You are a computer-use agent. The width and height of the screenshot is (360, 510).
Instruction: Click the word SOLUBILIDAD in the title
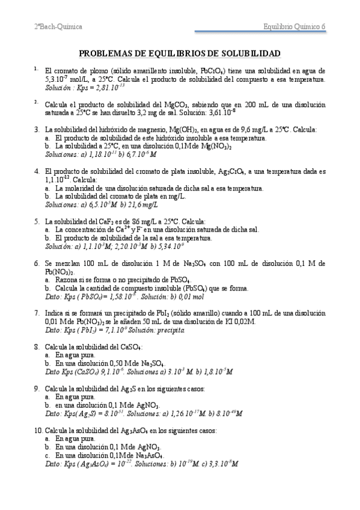(x=248, y=53)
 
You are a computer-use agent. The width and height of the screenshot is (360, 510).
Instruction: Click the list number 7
(x=37, y=313)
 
